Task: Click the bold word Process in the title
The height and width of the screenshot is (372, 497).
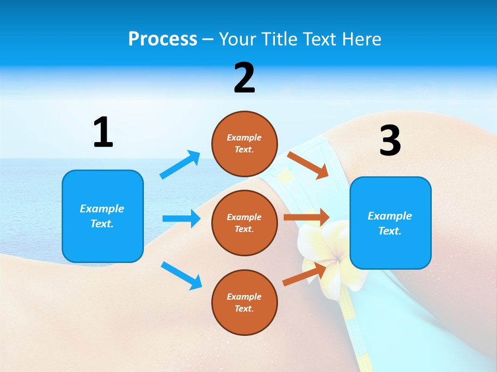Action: (x=163, y=39)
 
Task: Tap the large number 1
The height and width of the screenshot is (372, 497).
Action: (x=103, y=133)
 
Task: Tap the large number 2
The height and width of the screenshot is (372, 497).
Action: (x=244, y=79)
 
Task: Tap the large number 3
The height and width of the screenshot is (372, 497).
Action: (x=390, y=141)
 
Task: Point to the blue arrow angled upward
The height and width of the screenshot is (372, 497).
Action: (x=180, y=164)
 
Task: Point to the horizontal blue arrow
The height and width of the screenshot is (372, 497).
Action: (x=181, y=219)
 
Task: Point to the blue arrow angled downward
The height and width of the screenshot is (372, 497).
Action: (x=181, y=275)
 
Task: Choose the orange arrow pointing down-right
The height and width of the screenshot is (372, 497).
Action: (x=308, y=165)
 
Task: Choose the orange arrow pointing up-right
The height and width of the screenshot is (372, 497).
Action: (x=304, y=274)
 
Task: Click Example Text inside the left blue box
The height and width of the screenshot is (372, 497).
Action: (x=102, y=216)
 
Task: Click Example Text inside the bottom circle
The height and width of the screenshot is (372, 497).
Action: (x=244, y=302)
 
